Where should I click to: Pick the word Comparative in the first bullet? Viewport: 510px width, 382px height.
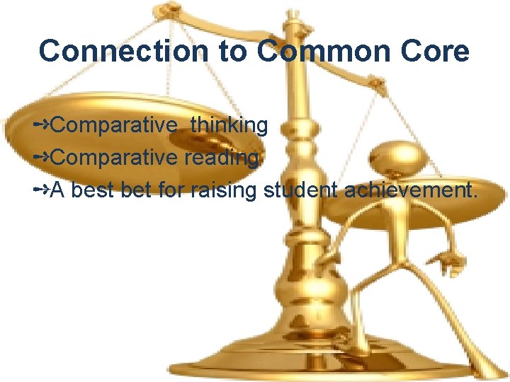coord(113,126)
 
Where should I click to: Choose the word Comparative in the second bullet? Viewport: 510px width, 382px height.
coord(113,158)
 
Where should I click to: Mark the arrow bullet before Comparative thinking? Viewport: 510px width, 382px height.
coord(41,126)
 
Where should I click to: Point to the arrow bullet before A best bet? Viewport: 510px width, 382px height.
coord(41,190)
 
